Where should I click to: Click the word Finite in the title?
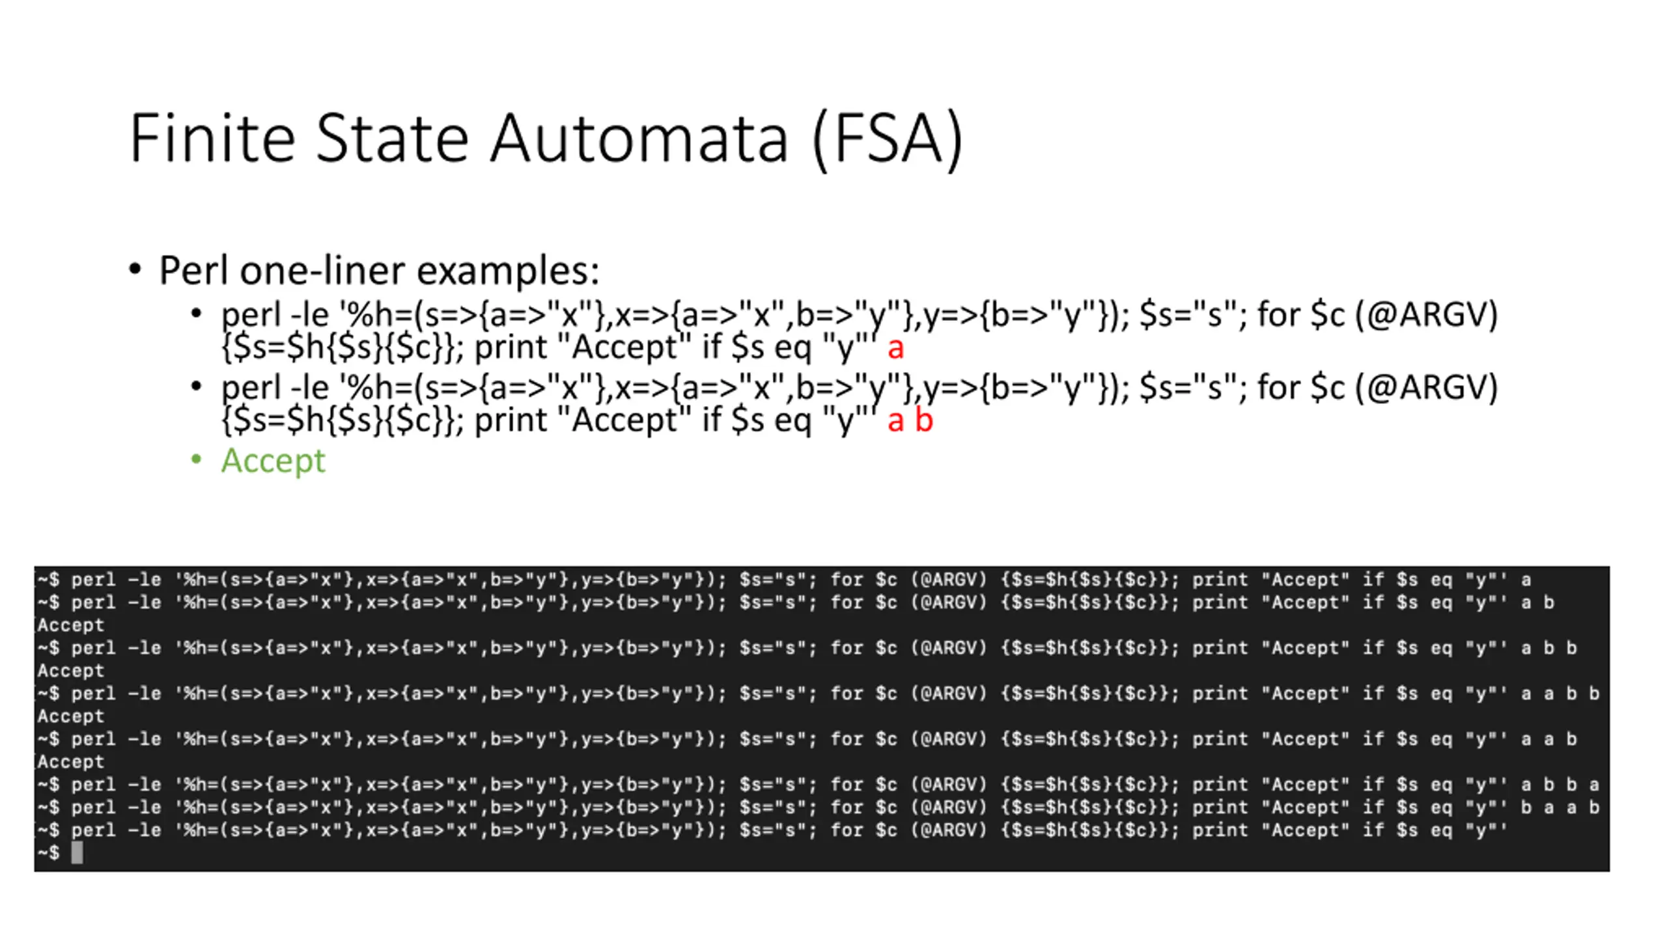(212, 138)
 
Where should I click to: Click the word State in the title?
(392, 138)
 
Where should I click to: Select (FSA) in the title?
(888, 139)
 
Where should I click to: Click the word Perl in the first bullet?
(195, 270)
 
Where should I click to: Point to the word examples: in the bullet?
(508, 270)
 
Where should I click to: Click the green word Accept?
(273, 461)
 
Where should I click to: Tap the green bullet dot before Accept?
(196, 459)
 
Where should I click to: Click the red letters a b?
(910, 420)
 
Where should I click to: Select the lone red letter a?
(895, 348)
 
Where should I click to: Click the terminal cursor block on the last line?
(77, 852)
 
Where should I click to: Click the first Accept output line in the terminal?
(70, 625)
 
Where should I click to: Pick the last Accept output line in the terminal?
(70, 762)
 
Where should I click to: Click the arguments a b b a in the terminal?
(1560, 785)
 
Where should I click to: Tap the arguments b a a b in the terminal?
(1560, 808)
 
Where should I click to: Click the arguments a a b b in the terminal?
(1560, 694)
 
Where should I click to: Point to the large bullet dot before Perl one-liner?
(135, 269)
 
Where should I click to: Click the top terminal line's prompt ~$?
(48, 580)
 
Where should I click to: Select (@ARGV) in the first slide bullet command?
(1426, 315)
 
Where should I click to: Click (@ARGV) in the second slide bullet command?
(1426, 388)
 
